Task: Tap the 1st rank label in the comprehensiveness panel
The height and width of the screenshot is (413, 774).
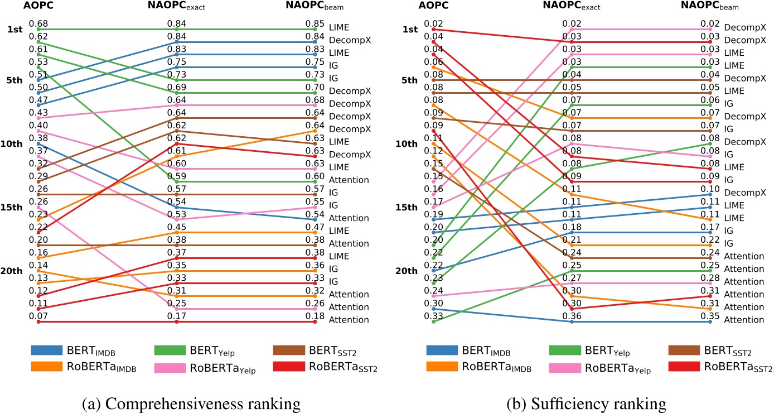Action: click(x=15, y=29)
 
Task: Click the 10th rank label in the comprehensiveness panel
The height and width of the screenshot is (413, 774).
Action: click(x=14, y=144)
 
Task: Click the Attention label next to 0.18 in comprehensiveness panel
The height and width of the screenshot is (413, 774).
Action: click(x=349, y=320)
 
